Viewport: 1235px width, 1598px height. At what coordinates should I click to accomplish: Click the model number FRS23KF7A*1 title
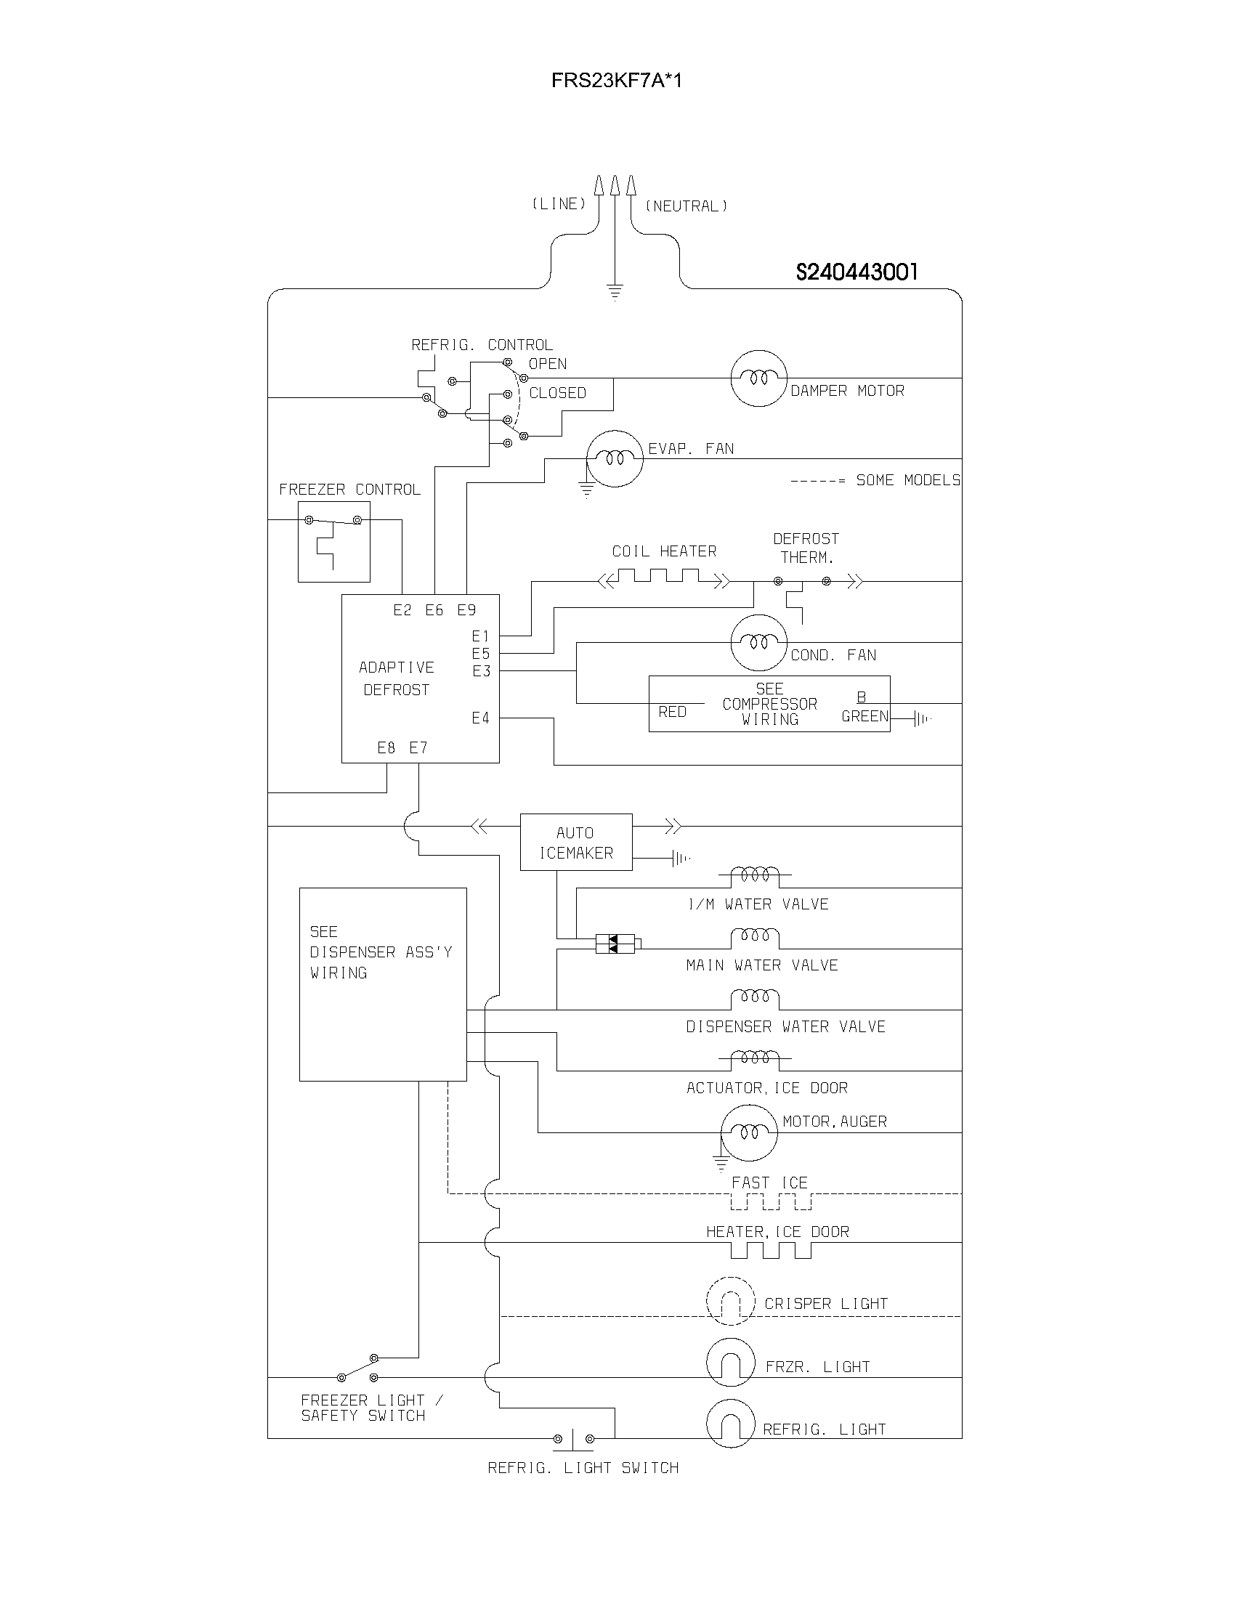coord(616,81)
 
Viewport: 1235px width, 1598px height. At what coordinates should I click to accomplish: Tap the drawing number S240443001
coord(856,272)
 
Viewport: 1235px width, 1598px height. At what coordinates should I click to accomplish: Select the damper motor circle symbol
coord(758,378)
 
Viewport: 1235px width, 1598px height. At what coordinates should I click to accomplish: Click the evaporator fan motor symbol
coord(615,459)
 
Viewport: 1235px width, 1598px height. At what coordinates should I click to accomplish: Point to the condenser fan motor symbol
coord(758,642)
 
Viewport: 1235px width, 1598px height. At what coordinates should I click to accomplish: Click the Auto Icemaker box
coord(576,842)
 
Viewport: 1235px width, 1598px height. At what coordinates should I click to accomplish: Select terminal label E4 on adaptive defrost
coord(480,718)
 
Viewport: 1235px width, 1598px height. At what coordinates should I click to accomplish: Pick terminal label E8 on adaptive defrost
coord(386,747)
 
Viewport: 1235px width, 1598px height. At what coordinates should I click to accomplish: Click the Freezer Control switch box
coord(333,541)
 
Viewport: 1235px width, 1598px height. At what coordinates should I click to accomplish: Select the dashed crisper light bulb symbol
coord(729,1301)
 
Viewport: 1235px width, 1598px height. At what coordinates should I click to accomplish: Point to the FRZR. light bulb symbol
coord(729,1363)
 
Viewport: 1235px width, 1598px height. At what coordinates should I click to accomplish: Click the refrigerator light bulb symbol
coord(729,1424)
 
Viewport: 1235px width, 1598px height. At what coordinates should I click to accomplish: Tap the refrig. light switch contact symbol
coord(573,1438)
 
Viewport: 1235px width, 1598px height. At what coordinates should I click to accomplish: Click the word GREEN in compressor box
coord(864,716)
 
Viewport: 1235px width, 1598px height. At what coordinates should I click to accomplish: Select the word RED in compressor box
coord(672,712)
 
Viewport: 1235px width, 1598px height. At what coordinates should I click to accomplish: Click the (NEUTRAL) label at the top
coord(686,206)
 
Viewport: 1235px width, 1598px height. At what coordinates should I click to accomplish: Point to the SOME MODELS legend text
coord(907,481)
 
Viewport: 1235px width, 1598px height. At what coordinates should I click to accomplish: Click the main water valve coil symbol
coord(755,937)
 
